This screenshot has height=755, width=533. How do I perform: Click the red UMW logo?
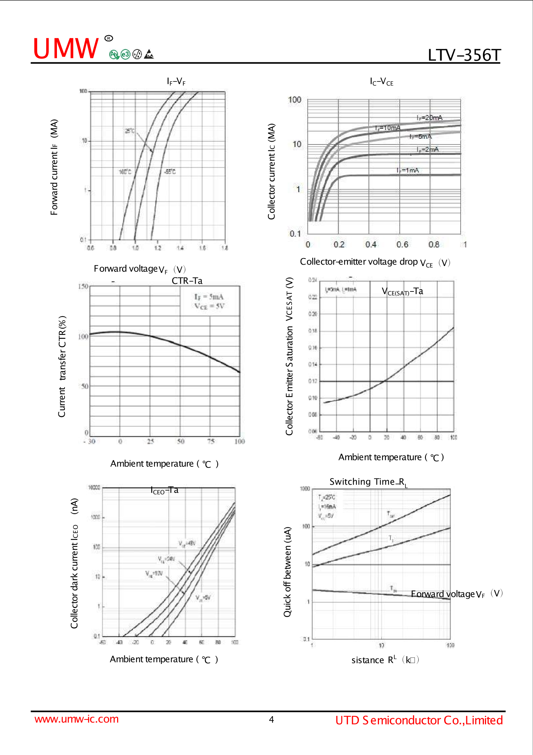(x=66, y=49)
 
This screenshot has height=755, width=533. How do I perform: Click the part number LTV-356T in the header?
(x=464, y=56)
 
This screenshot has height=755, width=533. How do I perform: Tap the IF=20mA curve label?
(x=429, y=118)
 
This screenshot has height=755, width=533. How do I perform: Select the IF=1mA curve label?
(x=408, y=170)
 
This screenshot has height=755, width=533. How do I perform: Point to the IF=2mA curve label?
(x=427, y=149)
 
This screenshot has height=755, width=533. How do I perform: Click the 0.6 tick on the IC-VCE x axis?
(x=402, y=244)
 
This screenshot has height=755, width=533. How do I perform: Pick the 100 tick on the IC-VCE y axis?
(x=295, y=100)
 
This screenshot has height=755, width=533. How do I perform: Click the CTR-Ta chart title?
(x=187, y=281)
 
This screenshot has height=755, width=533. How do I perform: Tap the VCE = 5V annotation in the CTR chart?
(x=210, y=306)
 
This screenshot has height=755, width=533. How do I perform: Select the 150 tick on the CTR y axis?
(x=83, y=286)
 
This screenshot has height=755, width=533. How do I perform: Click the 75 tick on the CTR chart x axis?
(x=211, y=441)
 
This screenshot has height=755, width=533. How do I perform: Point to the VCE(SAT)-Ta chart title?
(x=402, y=291)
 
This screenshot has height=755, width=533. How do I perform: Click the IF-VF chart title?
(x=176, y=81)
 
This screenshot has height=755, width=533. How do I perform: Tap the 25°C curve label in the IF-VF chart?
(x=130, y=131)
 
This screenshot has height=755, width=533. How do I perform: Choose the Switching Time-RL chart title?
(x=368, y=482)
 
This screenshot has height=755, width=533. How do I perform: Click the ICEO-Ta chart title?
(x=164, y=490)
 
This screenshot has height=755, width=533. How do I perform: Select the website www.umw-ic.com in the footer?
(x=76, y=719)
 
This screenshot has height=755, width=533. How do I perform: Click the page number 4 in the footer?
(x=272, y=720)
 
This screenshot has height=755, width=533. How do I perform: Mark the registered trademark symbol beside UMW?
(x=109, y=38)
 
